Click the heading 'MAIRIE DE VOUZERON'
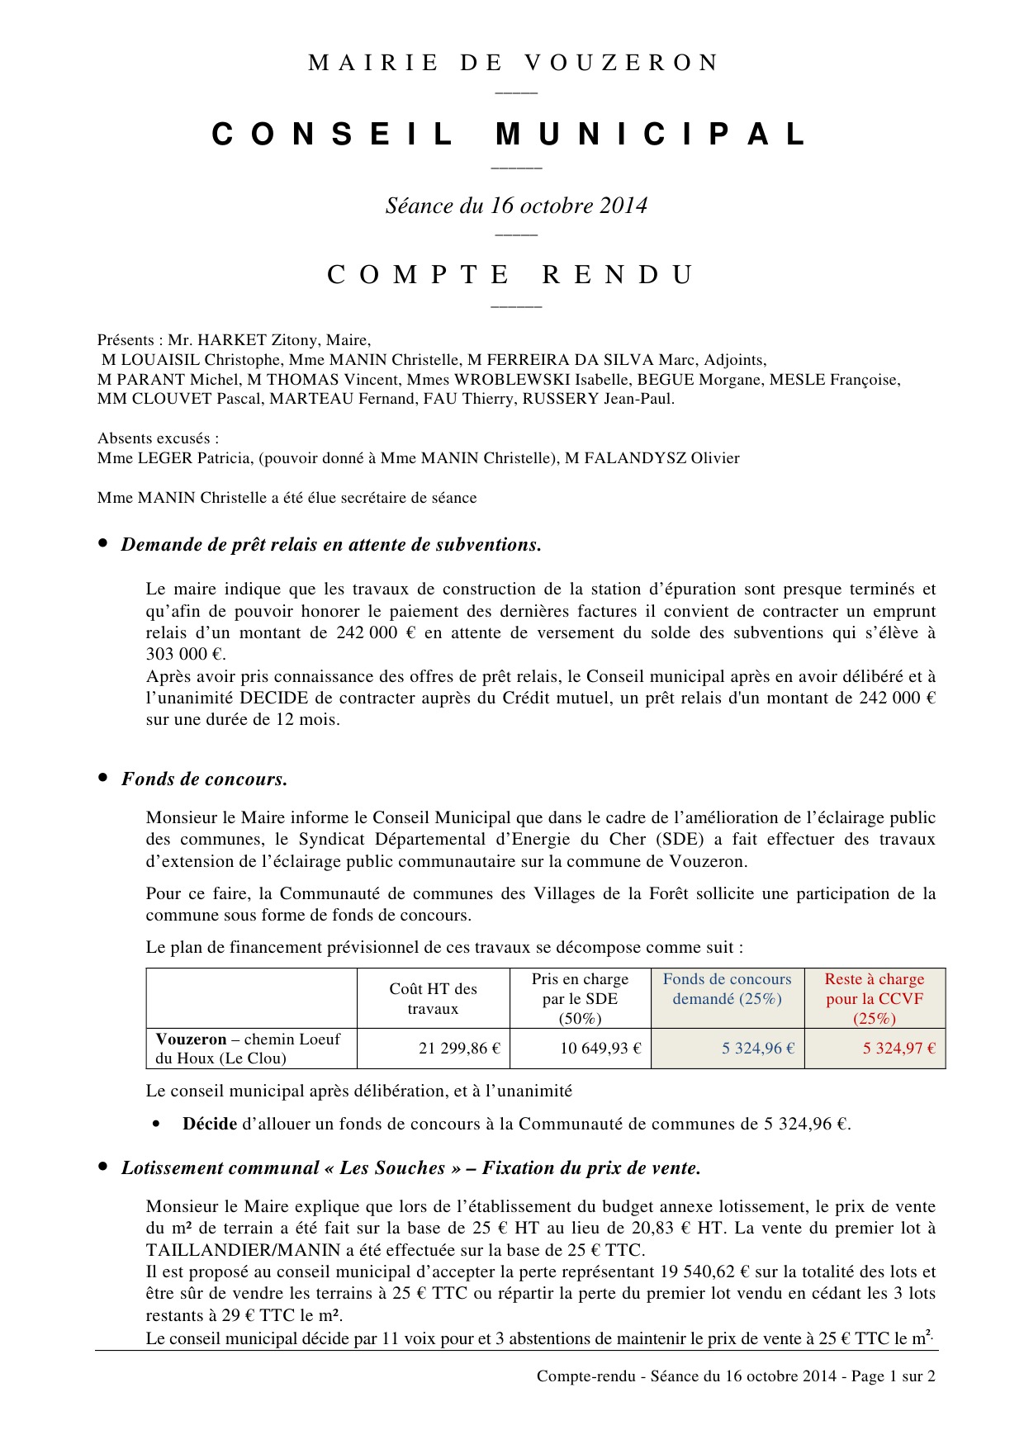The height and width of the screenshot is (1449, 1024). point(513,63)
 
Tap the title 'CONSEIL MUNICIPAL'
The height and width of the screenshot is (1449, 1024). point(511,135)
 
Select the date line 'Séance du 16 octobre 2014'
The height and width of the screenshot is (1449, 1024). point(516,206)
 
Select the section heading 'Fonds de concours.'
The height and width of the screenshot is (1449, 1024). point(204,779)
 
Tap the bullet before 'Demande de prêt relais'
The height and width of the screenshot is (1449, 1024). point(103,543)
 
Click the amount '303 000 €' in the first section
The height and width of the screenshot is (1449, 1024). point(185,655)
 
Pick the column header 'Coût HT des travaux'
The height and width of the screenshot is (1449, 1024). point(433,998)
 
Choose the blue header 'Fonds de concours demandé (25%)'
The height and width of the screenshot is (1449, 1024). point(727,989)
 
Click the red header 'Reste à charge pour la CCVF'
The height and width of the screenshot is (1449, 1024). point(875,998)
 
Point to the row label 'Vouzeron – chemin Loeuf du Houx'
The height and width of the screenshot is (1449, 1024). point(248,1049)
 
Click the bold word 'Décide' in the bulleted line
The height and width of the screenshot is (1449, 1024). point(210,1124)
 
